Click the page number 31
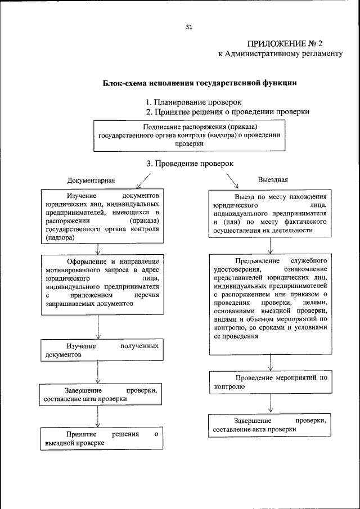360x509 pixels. [188, 26]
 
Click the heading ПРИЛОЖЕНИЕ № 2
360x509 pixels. [285, 44]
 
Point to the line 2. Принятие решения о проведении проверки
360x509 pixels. [227, 112]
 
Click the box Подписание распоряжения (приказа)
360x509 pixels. [188, 136]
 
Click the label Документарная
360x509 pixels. [91, 181]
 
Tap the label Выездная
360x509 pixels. [273, 180]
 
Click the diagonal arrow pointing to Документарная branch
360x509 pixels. [143, 181]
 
